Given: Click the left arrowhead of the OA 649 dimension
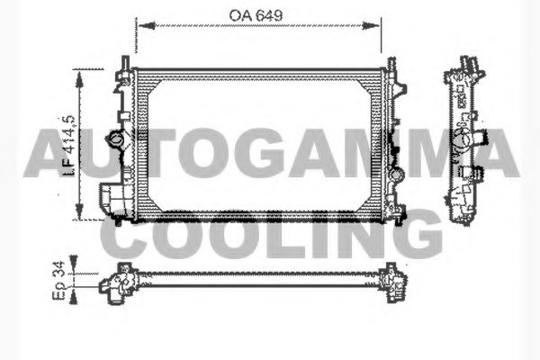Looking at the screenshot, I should pyautogui.click(x=139, y=24).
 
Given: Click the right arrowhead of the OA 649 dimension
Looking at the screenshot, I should pyautogui.click(x=381, y=24).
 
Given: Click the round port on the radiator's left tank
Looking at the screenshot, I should pyautogui.click(x=115, y=141).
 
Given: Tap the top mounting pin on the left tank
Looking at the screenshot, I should pyautogui.click(x=123, y=63).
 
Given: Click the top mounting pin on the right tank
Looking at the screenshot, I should pyautogui.click(x=391, y=64).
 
